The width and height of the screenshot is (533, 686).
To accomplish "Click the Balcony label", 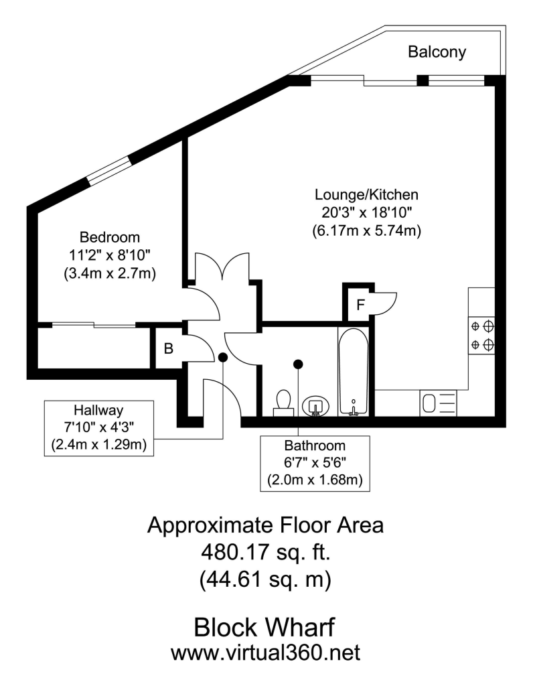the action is pos(437,52).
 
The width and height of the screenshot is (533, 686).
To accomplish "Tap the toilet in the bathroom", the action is pos(284,403).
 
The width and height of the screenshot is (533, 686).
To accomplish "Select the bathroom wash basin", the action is pos(315,406).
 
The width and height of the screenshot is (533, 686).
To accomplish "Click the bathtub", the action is pos(354,371).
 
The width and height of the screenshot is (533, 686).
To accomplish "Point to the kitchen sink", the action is pos(438,403).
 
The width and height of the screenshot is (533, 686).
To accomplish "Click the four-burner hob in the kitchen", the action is pos(482,336).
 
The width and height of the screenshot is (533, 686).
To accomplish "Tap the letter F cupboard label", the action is pos(360,305).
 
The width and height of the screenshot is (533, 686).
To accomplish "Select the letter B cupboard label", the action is pos(169,348).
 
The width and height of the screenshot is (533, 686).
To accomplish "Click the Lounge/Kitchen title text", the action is pos(366,194).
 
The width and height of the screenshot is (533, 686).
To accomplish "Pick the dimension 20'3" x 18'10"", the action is pos(366,212).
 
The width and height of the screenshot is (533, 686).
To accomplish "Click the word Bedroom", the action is pos(110,237).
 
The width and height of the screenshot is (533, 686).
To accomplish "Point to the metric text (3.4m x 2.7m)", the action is pos(110,274).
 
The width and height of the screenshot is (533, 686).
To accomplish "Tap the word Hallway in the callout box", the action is pos(98,411).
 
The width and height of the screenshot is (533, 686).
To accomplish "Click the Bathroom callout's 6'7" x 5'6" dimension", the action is pos(315,462).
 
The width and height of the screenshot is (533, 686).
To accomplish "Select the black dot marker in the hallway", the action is pos(223,358).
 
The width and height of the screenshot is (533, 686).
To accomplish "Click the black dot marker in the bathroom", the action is pos(298,364).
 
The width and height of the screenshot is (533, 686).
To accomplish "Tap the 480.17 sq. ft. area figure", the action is pos(266,553).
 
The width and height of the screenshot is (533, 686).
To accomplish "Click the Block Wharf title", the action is pos(264,627).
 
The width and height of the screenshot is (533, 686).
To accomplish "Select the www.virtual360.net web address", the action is pos(265,653).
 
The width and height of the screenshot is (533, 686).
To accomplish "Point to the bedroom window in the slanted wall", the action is pos(108,170).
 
